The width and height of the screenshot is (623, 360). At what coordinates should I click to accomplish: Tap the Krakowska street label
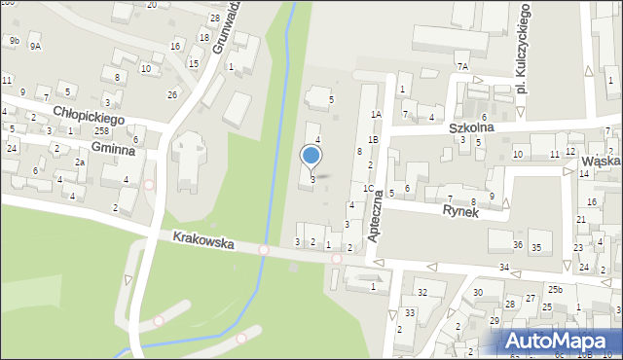pos(203,239)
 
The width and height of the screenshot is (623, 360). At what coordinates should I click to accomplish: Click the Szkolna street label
pos(472,127)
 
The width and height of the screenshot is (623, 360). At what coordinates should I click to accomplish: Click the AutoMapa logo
pos(559,341)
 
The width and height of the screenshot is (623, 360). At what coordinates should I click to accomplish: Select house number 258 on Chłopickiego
pos(102,130)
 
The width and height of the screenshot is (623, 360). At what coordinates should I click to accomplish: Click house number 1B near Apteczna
pos(373,140)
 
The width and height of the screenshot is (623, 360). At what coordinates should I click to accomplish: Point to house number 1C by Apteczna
pos(368,188)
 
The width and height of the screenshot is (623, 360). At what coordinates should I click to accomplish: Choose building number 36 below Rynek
pos(518,244)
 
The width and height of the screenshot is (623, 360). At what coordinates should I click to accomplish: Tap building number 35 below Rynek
pos(535,248)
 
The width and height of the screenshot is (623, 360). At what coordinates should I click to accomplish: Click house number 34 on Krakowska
pos(503,267)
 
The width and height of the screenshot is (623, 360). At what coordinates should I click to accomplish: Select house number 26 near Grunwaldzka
pos(172,94)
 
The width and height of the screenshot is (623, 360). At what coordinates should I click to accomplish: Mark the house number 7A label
pos(462,66)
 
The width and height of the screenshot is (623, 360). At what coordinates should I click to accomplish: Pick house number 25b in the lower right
pos(555,290)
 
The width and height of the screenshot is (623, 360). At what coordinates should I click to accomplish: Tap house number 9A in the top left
pos(35,46)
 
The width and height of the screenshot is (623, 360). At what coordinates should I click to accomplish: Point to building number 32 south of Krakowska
pos(421,292)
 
